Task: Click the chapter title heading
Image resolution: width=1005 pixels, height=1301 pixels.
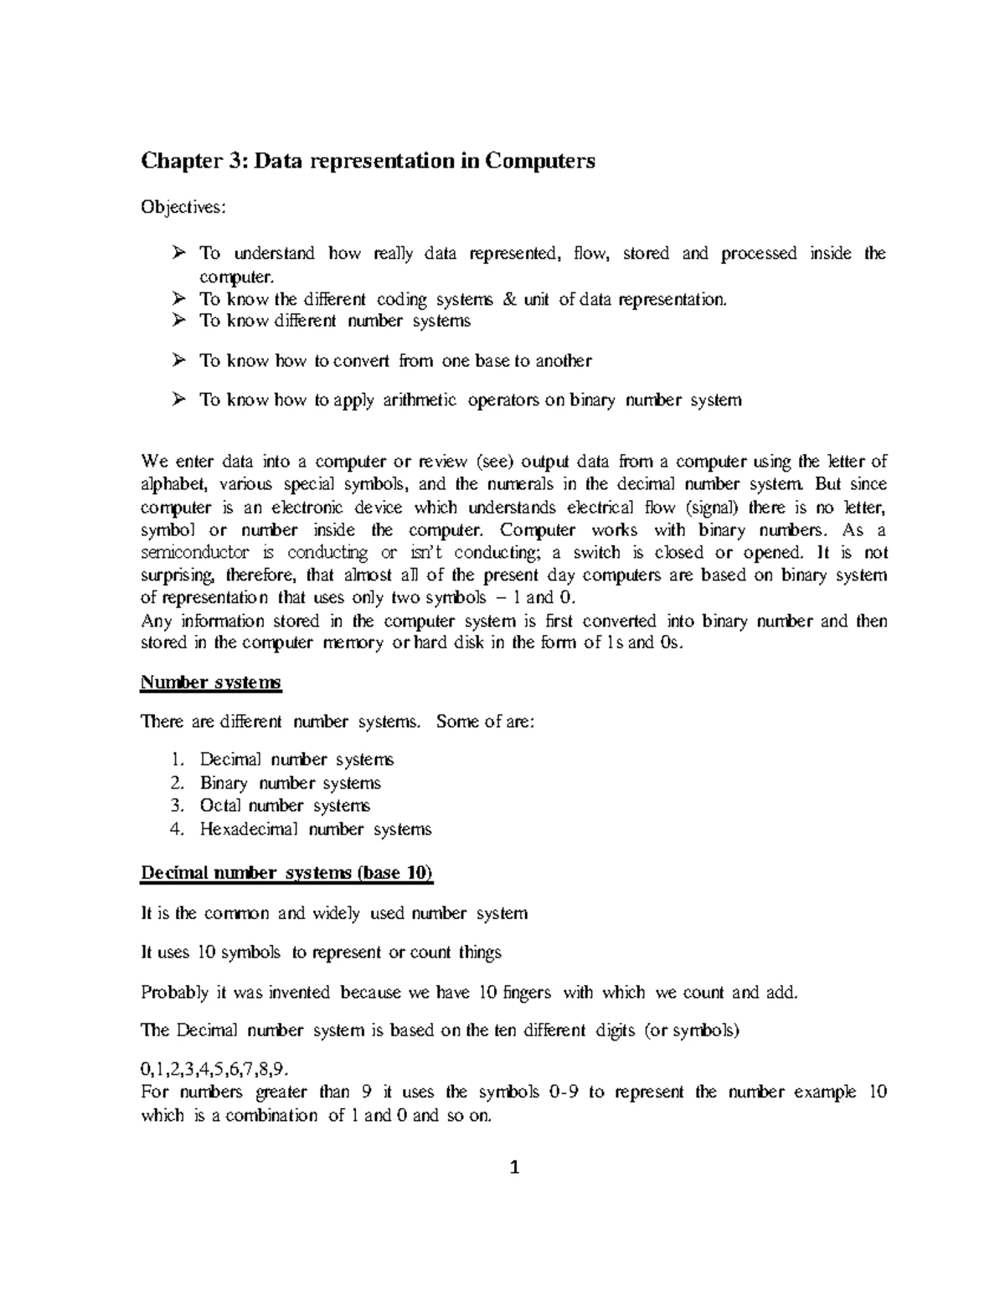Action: pos(368,161)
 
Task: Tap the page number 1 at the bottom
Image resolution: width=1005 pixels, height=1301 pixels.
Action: pos(515,1168)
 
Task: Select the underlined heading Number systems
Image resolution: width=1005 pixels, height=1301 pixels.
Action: pos(211,683)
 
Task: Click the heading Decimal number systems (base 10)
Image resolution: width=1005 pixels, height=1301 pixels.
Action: pos(286,873)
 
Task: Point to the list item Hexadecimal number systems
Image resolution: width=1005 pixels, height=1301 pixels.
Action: pos(315,829)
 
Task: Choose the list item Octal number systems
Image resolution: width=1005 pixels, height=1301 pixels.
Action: pos(284,806)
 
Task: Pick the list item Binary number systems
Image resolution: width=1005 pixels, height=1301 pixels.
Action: pos(290,783)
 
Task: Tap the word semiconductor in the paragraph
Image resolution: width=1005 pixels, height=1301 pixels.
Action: pos(194,553)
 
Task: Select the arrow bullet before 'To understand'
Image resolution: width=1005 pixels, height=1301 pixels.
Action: pos(178,252)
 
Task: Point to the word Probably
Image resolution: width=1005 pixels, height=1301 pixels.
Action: pos(175,993)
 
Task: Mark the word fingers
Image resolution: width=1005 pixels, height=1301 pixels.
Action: pos(527,993)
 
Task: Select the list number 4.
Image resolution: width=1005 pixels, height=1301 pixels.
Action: pos(176,829)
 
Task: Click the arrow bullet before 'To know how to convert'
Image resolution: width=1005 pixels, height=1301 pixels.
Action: pos(178,360)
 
